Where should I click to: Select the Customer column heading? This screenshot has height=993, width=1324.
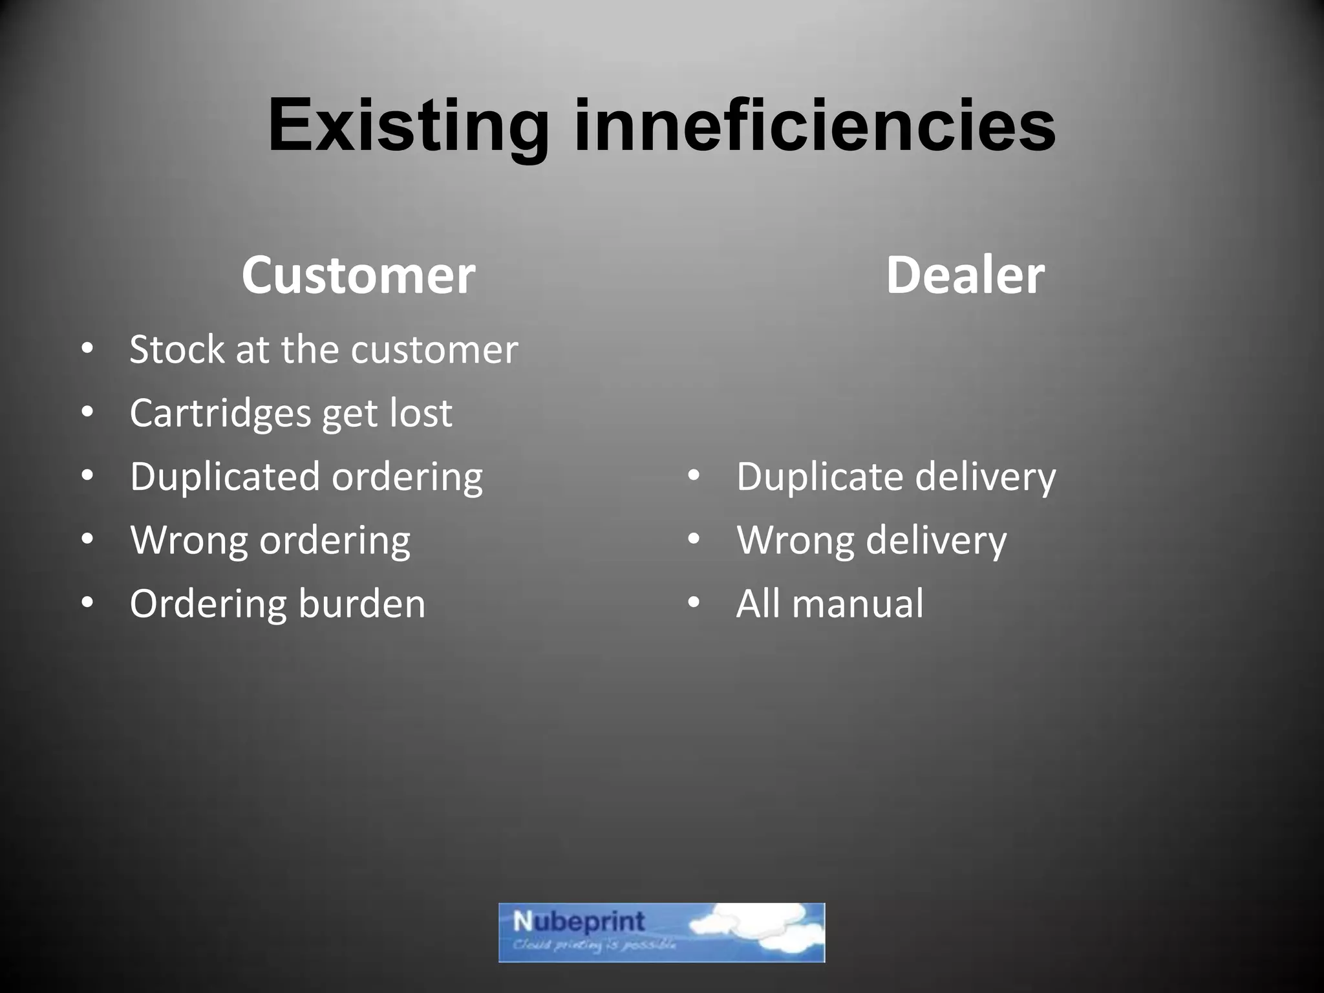pos(358,275)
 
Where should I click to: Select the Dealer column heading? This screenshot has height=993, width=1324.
pos(965,275)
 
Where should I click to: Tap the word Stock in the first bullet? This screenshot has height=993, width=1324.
pos(176,350)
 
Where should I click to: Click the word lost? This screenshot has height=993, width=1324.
pos(420,413)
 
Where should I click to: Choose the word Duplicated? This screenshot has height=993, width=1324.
pos(224,476)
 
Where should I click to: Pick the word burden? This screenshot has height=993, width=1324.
pos(362,604)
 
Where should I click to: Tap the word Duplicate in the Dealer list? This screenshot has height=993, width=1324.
pos(820,476)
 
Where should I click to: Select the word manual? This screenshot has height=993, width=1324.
pos(858,604)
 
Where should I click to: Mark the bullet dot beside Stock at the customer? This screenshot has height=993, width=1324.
pos(87,350)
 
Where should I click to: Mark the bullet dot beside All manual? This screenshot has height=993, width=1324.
pos(694,603)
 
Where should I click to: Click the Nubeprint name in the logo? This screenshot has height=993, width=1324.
pos(579,921)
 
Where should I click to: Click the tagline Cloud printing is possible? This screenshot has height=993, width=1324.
pos(593,946)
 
